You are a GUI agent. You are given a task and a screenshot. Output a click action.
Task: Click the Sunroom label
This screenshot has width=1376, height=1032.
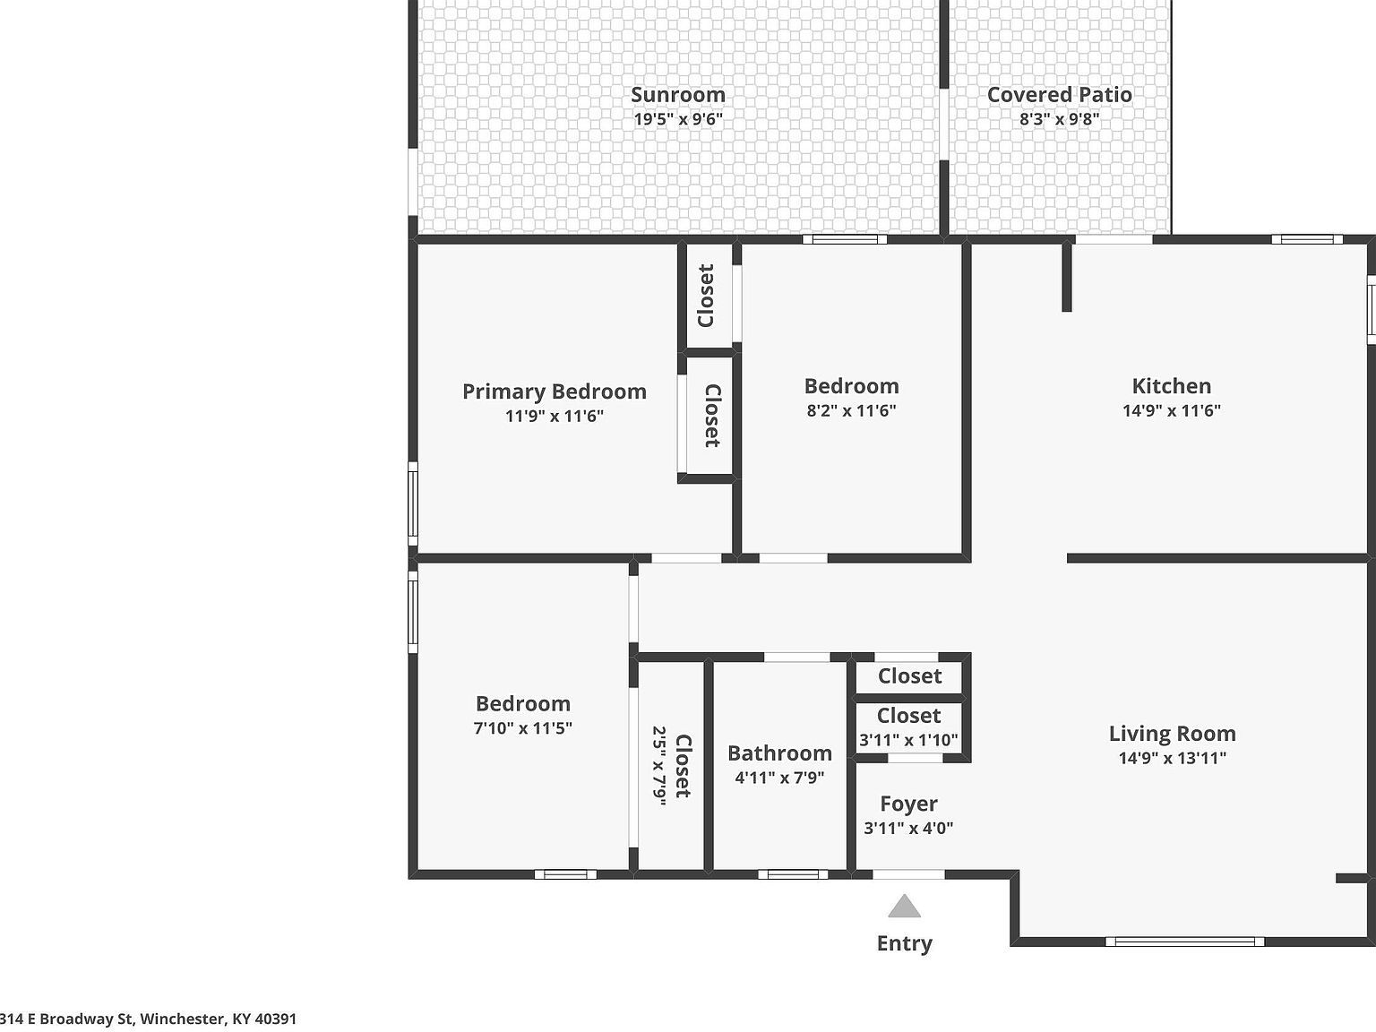[x=678, y=94]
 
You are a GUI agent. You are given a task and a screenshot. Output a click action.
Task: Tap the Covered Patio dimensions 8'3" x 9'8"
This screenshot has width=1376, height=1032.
[x=1059, y=118]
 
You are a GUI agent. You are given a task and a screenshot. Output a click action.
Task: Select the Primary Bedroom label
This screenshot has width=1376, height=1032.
[x=554, y=391]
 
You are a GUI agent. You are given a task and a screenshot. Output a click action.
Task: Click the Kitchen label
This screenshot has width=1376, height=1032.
[x=1171, y=386]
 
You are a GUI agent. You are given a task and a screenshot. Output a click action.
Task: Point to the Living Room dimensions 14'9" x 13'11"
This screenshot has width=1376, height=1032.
[x=1172, y=758]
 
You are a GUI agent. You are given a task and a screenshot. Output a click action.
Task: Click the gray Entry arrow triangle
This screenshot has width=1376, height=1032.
[x=905, y=907]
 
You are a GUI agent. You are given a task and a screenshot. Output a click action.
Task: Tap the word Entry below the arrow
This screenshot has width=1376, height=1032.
[x=905, y=943]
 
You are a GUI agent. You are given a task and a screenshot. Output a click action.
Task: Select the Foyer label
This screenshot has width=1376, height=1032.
[x=908, y=804]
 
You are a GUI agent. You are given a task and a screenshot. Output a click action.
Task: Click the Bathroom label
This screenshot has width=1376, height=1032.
[x=779, y=753]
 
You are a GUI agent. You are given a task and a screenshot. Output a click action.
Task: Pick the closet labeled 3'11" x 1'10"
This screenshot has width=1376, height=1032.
[x=908, y=727]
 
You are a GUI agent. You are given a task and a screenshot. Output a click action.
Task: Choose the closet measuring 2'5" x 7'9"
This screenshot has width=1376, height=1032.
[x=671, y=766]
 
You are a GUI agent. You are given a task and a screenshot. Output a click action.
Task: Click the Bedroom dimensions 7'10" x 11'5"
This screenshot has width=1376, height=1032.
[x=522, y=728]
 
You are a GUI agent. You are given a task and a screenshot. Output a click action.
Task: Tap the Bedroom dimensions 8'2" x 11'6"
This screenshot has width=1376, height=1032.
[x=851, y=410]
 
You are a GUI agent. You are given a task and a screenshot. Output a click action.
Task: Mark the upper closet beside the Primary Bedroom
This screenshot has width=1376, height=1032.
[x=707, y=296]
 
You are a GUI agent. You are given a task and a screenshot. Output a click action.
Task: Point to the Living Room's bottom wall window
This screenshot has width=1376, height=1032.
[x=1184, y=942]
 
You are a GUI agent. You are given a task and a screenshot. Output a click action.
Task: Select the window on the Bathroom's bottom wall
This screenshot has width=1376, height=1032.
[x=793, y=874]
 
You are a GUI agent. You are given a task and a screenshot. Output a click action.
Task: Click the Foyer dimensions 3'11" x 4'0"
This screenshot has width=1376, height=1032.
[x=908, y=828]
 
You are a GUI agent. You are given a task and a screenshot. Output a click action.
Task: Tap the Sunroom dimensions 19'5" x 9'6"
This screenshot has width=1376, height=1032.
[x=678, y=118]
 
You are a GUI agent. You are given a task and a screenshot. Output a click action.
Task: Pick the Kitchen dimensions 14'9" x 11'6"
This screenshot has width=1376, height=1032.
[x=1171, y=410]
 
